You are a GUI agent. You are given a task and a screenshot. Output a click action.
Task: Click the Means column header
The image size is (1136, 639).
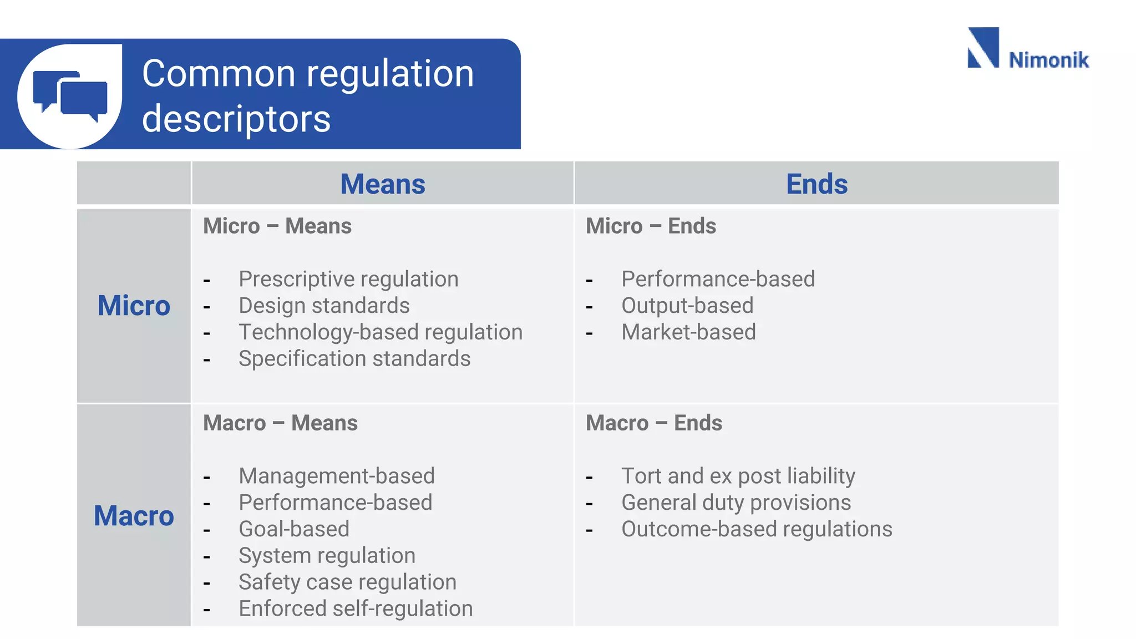coord(382,184)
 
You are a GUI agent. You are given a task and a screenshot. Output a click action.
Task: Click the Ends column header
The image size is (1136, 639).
coord(816,184)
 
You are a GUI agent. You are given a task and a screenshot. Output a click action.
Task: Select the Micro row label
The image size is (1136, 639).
coord(134,306)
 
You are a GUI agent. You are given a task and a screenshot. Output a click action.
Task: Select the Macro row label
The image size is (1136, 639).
coord(134,516)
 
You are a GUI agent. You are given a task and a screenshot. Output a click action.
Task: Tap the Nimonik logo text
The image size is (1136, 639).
coord(1048,60)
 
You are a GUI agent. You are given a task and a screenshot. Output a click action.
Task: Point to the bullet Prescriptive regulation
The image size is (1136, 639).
coord(348,279)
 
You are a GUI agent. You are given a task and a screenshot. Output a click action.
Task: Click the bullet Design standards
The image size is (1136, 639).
coord(324,306)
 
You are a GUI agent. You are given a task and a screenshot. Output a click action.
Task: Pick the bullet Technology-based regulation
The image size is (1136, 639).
coord(381,332)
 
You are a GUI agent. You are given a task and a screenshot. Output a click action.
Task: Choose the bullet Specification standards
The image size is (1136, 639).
coord(354,359)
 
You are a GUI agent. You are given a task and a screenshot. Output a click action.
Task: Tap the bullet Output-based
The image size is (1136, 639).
coord(687,306)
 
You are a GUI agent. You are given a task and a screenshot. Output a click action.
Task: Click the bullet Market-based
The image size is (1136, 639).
coord(688,332)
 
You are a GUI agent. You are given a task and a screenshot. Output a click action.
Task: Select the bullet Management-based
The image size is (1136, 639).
coord(337,476)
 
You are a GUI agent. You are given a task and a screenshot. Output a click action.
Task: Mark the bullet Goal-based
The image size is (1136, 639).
coord(294,529)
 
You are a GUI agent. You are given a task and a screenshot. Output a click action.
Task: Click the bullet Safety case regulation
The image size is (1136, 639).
coord(347,582)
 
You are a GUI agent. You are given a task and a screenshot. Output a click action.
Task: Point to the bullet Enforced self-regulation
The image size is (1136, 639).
coord(356,609)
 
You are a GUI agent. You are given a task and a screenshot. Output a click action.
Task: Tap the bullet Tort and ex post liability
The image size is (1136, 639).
coord(738,476)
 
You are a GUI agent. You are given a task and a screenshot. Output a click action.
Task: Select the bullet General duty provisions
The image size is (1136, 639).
coord(736,503)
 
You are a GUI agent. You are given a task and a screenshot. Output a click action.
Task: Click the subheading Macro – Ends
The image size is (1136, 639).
coord(654,423)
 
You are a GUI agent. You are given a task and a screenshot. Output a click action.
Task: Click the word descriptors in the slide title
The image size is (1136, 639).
coord(236,119)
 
